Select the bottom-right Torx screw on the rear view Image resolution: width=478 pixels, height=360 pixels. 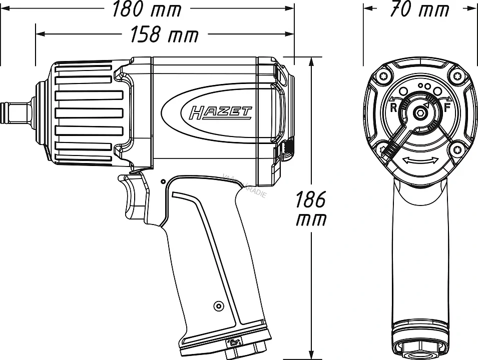(x=456, y=148)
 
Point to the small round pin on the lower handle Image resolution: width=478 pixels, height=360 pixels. (x=217, y=305)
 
